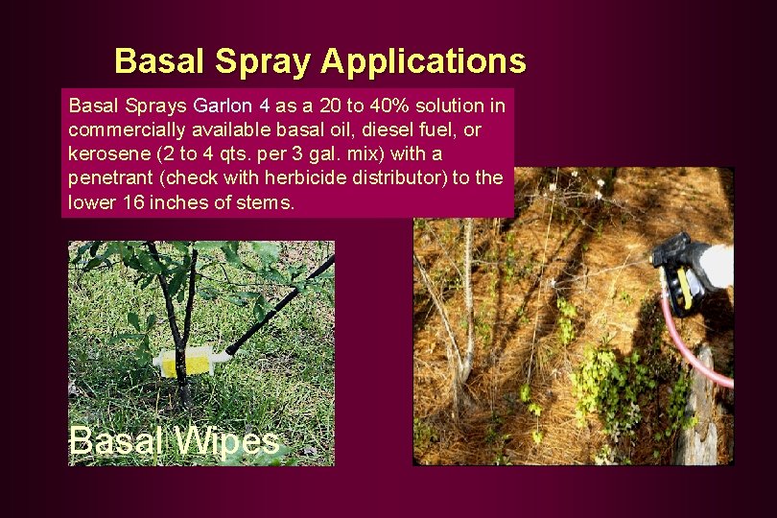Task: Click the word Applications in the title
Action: [423, 61]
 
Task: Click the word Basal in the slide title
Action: [159, 61]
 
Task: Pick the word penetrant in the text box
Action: [107, 178]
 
